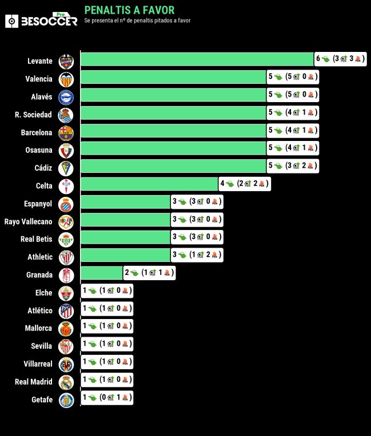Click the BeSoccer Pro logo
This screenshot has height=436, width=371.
pos(41,21)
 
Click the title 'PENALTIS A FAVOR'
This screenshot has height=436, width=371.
pos(129,10)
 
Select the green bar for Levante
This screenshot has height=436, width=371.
pos(197,59)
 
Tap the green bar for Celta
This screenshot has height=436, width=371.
pos(149,184)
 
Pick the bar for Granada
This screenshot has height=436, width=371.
pos(102,273)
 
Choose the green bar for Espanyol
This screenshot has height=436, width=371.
pos(126,202)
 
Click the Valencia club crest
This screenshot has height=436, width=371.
pos(66,79)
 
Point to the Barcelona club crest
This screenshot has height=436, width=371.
pos(66,132)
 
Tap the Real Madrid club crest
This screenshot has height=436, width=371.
pos(66,382)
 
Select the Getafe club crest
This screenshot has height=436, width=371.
pos(66,399)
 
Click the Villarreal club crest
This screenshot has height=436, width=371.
pos(66,364)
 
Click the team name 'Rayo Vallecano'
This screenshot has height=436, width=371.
pos(28,221)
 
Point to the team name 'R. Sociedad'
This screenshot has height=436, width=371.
pos(33,115)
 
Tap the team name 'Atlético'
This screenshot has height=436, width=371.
pos(39,310)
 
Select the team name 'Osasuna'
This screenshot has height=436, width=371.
pos(39,150)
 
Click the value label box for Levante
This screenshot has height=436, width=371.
pos(340,59)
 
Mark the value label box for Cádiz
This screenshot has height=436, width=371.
pos(293,166)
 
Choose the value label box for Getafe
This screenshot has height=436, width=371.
pos(107,397)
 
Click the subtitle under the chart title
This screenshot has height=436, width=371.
pos(137,21)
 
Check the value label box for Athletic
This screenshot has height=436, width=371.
pos(197,255)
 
